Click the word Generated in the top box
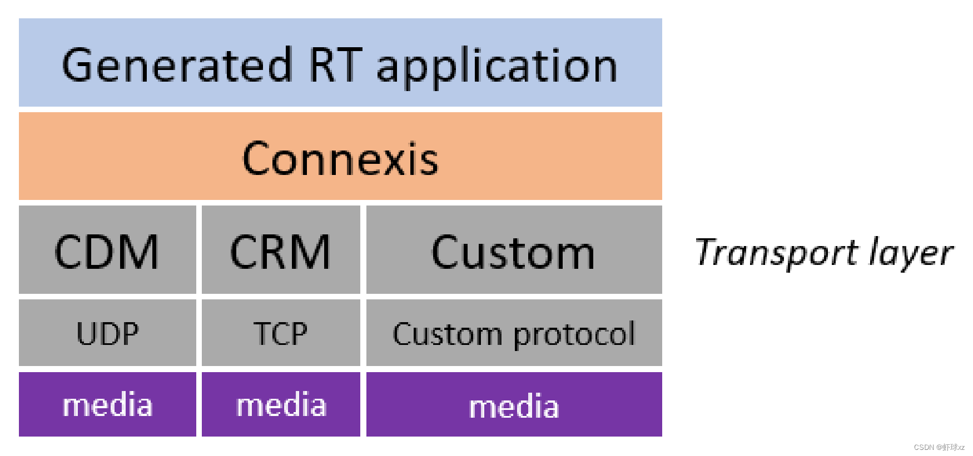coord(177,66)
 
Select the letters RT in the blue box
coord(335,66)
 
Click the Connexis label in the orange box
coord(340,159)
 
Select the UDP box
coord(107,334)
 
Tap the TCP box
coord(281,334)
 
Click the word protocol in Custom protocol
coord(574,335)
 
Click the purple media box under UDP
coord(107,405)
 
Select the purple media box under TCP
coord(281,405)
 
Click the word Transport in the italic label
coord(776,253)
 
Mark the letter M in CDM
coord(139,252)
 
